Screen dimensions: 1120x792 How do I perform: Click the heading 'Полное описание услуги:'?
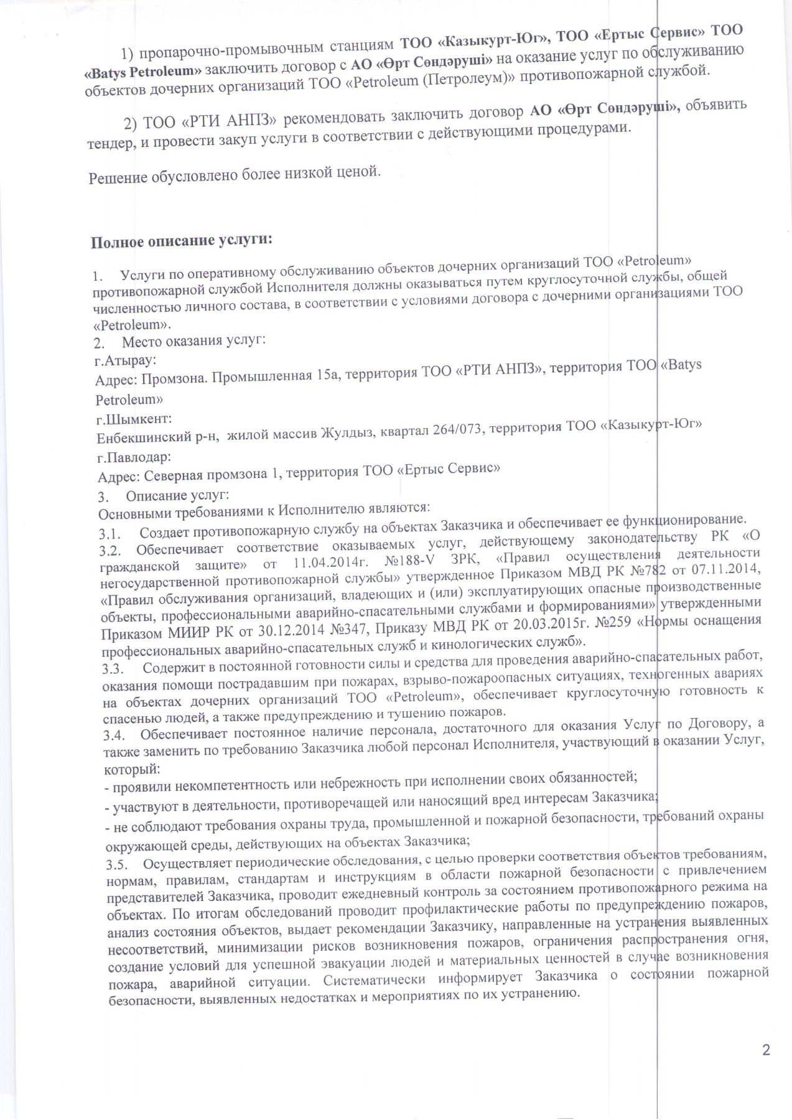pyautogui.click(x=182, y=241)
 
